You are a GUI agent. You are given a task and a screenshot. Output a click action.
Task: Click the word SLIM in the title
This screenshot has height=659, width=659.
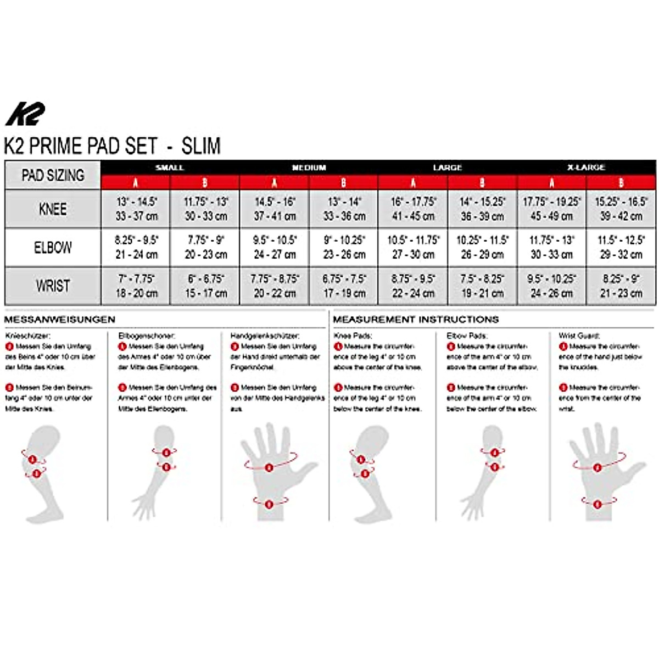click(x=201, y=146)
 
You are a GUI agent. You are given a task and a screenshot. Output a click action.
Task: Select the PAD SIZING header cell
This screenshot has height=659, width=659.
click(x=53, y=175)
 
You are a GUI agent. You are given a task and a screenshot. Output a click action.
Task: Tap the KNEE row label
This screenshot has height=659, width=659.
click(x=53, y=209)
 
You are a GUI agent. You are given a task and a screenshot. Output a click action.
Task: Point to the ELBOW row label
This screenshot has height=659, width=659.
click(x=53, y=248)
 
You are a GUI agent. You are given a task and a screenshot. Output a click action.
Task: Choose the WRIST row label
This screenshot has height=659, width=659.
click(x=53, y=286)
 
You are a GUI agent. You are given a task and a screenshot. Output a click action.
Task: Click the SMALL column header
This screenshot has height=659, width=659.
click(x=170, y=167)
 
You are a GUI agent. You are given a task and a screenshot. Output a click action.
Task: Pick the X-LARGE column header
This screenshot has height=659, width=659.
click(x=586, y=167)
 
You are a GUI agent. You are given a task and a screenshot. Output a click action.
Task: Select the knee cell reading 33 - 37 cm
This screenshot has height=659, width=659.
click(x=136, y=216)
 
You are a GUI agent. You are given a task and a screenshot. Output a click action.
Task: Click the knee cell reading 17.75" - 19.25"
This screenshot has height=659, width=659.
click(x=551, y=202)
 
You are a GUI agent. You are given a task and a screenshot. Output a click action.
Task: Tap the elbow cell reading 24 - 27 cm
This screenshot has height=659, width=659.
click(x=275, y=255)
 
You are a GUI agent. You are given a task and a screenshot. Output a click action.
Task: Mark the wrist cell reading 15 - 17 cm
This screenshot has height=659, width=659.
click(x=206, y=293)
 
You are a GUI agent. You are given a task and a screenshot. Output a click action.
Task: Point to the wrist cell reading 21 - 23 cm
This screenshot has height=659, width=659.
click(x=621, y=293)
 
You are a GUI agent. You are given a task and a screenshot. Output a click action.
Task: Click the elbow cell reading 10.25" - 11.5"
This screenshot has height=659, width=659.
click(x=482, y=241)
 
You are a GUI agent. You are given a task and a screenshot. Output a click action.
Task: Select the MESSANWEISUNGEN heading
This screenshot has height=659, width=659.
click(x=60, y=320)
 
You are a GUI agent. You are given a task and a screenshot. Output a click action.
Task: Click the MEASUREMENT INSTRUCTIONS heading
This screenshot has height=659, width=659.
click(x=416, y=320)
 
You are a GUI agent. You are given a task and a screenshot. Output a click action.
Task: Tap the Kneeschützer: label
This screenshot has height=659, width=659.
click(x=28, y=336)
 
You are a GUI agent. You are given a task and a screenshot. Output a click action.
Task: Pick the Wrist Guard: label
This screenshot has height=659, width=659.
click(x=579, y=336)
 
